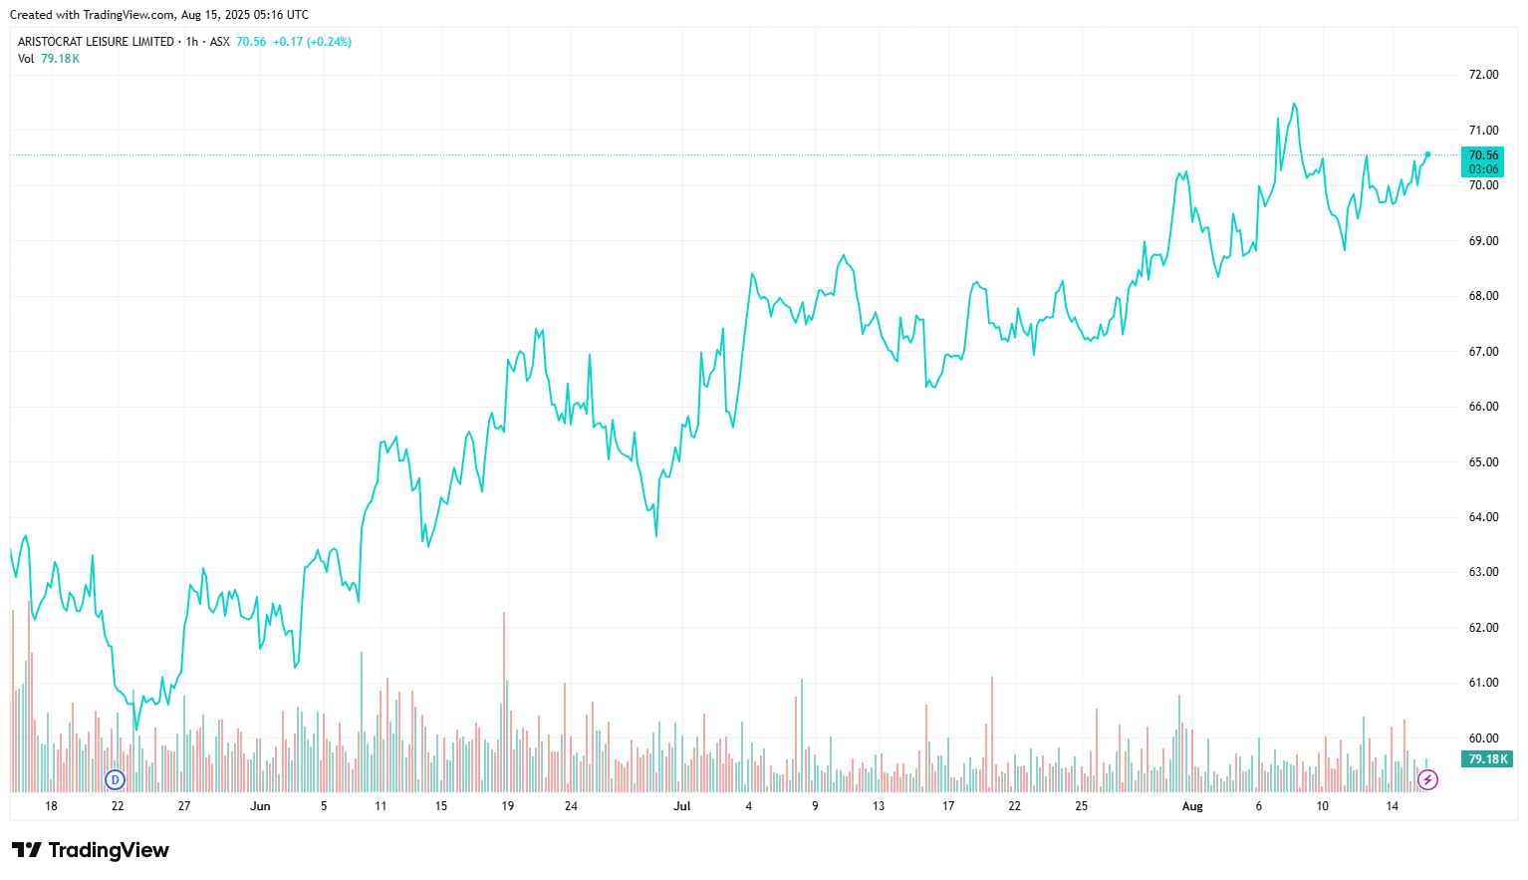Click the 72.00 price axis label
(1483, 75)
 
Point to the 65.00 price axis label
(1483, 462)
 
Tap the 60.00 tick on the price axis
(1483, 738)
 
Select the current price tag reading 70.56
(1483, 155)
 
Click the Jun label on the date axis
(260, 806)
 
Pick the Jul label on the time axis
(682, 806)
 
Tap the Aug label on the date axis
(1192, 806)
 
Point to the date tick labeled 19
(508, 806)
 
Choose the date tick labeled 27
(184, 806)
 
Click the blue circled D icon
(116, 779)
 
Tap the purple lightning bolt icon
(1428, 779)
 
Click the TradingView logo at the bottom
(91, 850)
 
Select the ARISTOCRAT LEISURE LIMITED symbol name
(96, 42)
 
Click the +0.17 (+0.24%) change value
(312, 42)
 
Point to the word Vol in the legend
(26, 59)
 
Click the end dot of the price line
(1427, 154)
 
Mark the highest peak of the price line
(1294, 104)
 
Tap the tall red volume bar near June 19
(504, 698)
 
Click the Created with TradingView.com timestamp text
(159, 15)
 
